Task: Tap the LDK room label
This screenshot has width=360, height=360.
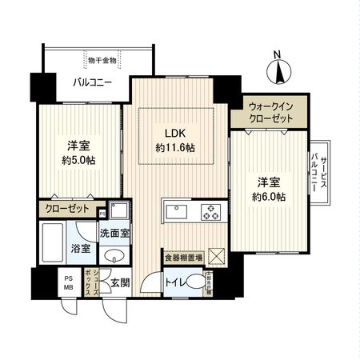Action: pos(175,133)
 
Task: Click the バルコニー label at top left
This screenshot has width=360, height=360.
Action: pos(92,82)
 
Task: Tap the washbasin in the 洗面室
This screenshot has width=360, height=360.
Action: pos(116,256)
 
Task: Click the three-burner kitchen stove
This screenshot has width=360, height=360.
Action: pos(210,212)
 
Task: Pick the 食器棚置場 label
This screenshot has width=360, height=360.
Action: pos(183,258)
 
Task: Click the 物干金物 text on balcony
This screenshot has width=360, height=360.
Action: pos(102,59)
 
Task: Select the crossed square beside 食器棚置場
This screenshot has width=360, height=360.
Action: pos(216,256)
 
